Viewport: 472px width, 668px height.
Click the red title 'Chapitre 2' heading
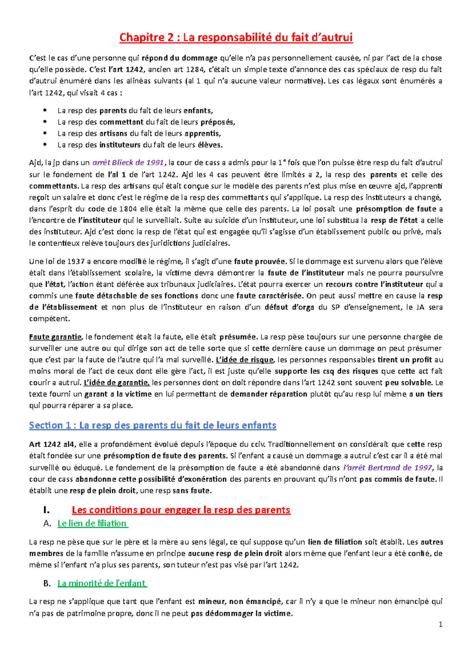pos(236,37)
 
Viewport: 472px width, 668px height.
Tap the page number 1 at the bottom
pos(441,624)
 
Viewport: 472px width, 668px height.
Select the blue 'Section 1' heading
pos(153,425)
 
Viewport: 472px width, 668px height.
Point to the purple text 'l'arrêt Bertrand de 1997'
pos(387,467)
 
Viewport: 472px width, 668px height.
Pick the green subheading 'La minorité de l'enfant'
pos(101,583)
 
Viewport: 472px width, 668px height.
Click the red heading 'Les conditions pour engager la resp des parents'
pos(181,510)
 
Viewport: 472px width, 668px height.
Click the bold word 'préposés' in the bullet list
pos(217,122)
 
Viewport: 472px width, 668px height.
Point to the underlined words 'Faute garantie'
pos(55,337)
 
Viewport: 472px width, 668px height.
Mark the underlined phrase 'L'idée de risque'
pos(244,360)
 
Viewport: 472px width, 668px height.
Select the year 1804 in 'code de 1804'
pos(128,209)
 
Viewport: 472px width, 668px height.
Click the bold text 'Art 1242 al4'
pos(52,445)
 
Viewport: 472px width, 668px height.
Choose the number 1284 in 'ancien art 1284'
pos(195,70)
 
